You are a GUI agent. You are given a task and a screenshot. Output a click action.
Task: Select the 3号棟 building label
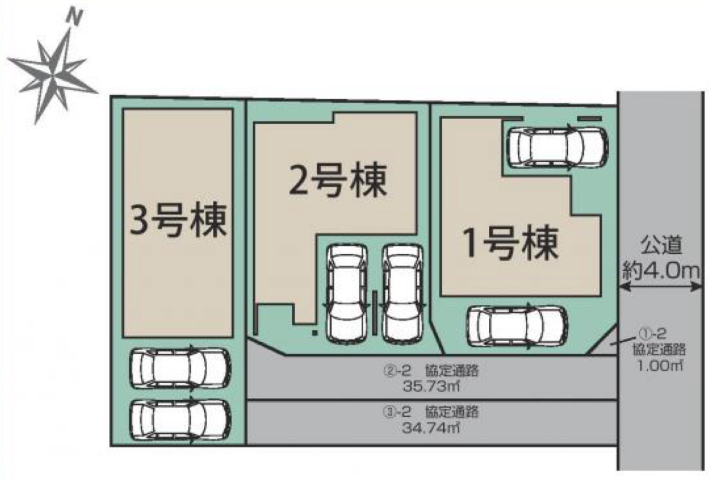point(179,220)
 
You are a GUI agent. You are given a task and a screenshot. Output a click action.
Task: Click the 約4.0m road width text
point(661,271)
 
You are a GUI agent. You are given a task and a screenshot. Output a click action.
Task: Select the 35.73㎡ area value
point(432,386)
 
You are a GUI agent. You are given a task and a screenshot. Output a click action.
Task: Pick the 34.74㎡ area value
point(431,429)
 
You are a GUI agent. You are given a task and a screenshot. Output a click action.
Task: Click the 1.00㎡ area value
point(659,367)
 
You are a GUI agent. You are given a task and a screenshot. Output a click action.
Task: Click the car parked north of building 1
point(558,147)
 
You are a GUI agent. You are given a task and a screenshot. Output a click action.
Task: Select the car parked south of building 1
point(517,327)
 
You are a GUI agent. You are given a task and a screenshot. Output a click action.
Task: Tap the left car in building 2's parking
point(347,294)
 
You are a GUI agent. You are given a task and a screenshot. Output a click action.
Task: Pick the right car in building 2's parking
point(402,294)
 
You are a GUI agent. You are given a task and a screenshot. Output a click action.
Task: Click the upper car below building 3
point(180,369)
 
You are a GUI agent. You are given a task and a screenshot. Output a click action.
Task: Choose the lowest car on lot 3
point(180,420)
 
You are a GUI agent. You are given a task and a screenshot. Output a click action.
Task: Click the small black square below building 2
point(315,333)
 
